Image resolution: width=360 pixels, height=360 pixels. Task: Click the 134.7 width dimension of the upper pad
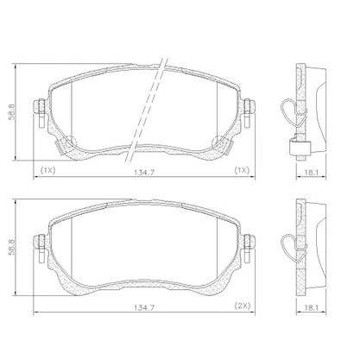coord(144,172)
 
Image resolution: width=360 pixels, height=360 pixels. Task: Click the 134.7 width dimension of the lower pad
coord(144,307)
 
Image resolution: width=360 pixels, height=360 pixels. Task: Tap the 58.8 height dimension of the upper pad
coord(12,112)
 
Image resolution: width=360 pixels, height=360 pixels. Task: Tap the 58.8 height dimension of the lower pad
coord(12,247)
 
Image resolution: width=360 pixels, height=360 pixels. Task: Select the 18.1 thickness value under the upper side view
coord(311,173)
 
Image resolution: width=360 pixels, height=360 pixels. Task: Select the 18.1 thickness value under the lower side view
coord(311,307)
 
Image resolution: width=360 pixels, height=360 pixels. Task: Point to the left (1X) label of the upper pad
coord(47,170)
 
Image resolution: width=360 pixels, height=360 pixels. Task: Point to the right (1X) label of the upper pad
coord(241,170)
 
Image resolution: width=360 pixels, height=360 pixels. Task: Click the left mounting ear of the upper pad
coord(40,106)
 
